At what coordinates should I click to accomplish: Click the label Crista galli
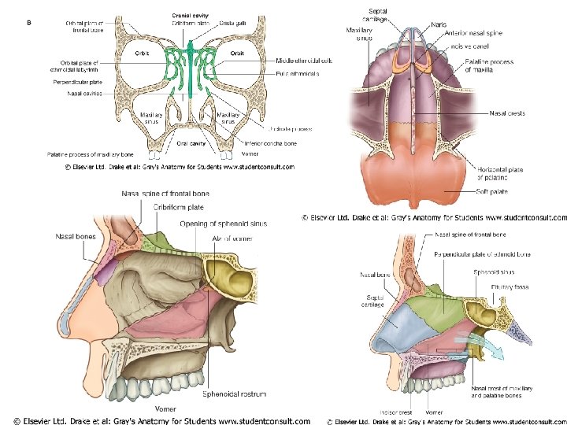point(232,23)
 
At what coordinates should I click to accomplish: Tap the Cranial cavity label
point(190,15)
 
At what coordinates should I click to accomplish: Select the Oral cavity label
point(191,143)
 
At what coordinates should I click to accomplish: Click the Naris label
point(439,24)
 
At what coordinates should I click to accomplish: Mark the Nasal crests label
point(507,113)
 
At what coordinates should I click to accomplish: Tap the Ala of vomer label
point(233,238)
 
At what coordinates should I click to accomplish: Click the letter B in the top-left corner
point(29,22)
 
